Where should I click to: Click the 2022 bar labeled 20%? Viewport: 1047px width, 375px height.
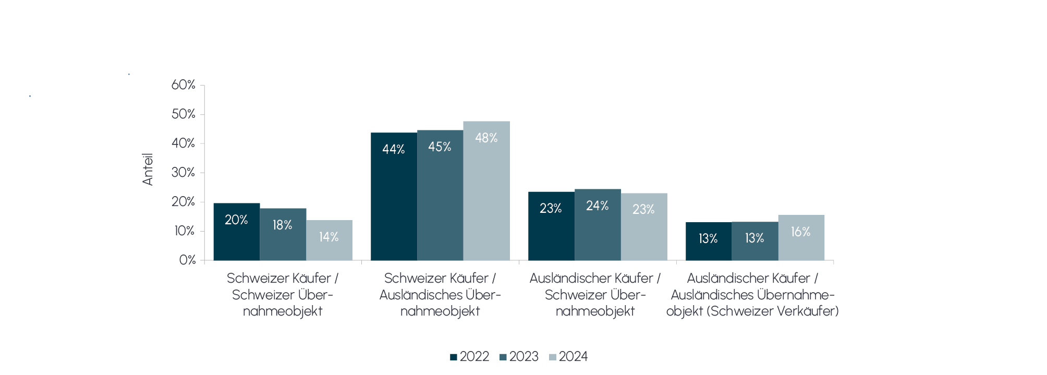[x=236, y=232]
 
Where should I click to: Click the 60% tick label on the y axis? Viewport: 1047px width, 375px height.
[x=184, y=85]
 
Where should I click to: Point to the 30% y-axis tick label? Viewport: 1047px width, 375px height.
[x=184, y=173]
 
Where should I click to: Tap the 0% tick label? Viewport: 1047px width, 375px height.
[x=187, y=260]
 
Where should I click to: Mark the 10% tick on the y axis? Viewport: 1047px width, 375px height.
[x=184, y=231]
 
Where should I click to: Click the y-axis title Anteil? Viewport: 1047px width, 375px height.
[x=148, y=169]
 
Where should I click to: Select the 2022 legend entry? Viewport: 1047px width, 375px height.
[x=469, y=357]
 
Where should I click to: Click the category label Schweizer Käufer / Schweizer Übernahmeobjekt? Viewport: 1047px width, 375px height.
[x=283, y=295]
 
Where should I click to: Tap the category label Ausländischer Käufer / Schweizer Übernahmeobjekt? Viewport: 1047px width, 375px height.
[x=595, y=295]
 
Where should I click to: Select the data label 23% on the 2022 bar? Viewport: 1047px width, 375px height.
[x=551, y=209]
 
